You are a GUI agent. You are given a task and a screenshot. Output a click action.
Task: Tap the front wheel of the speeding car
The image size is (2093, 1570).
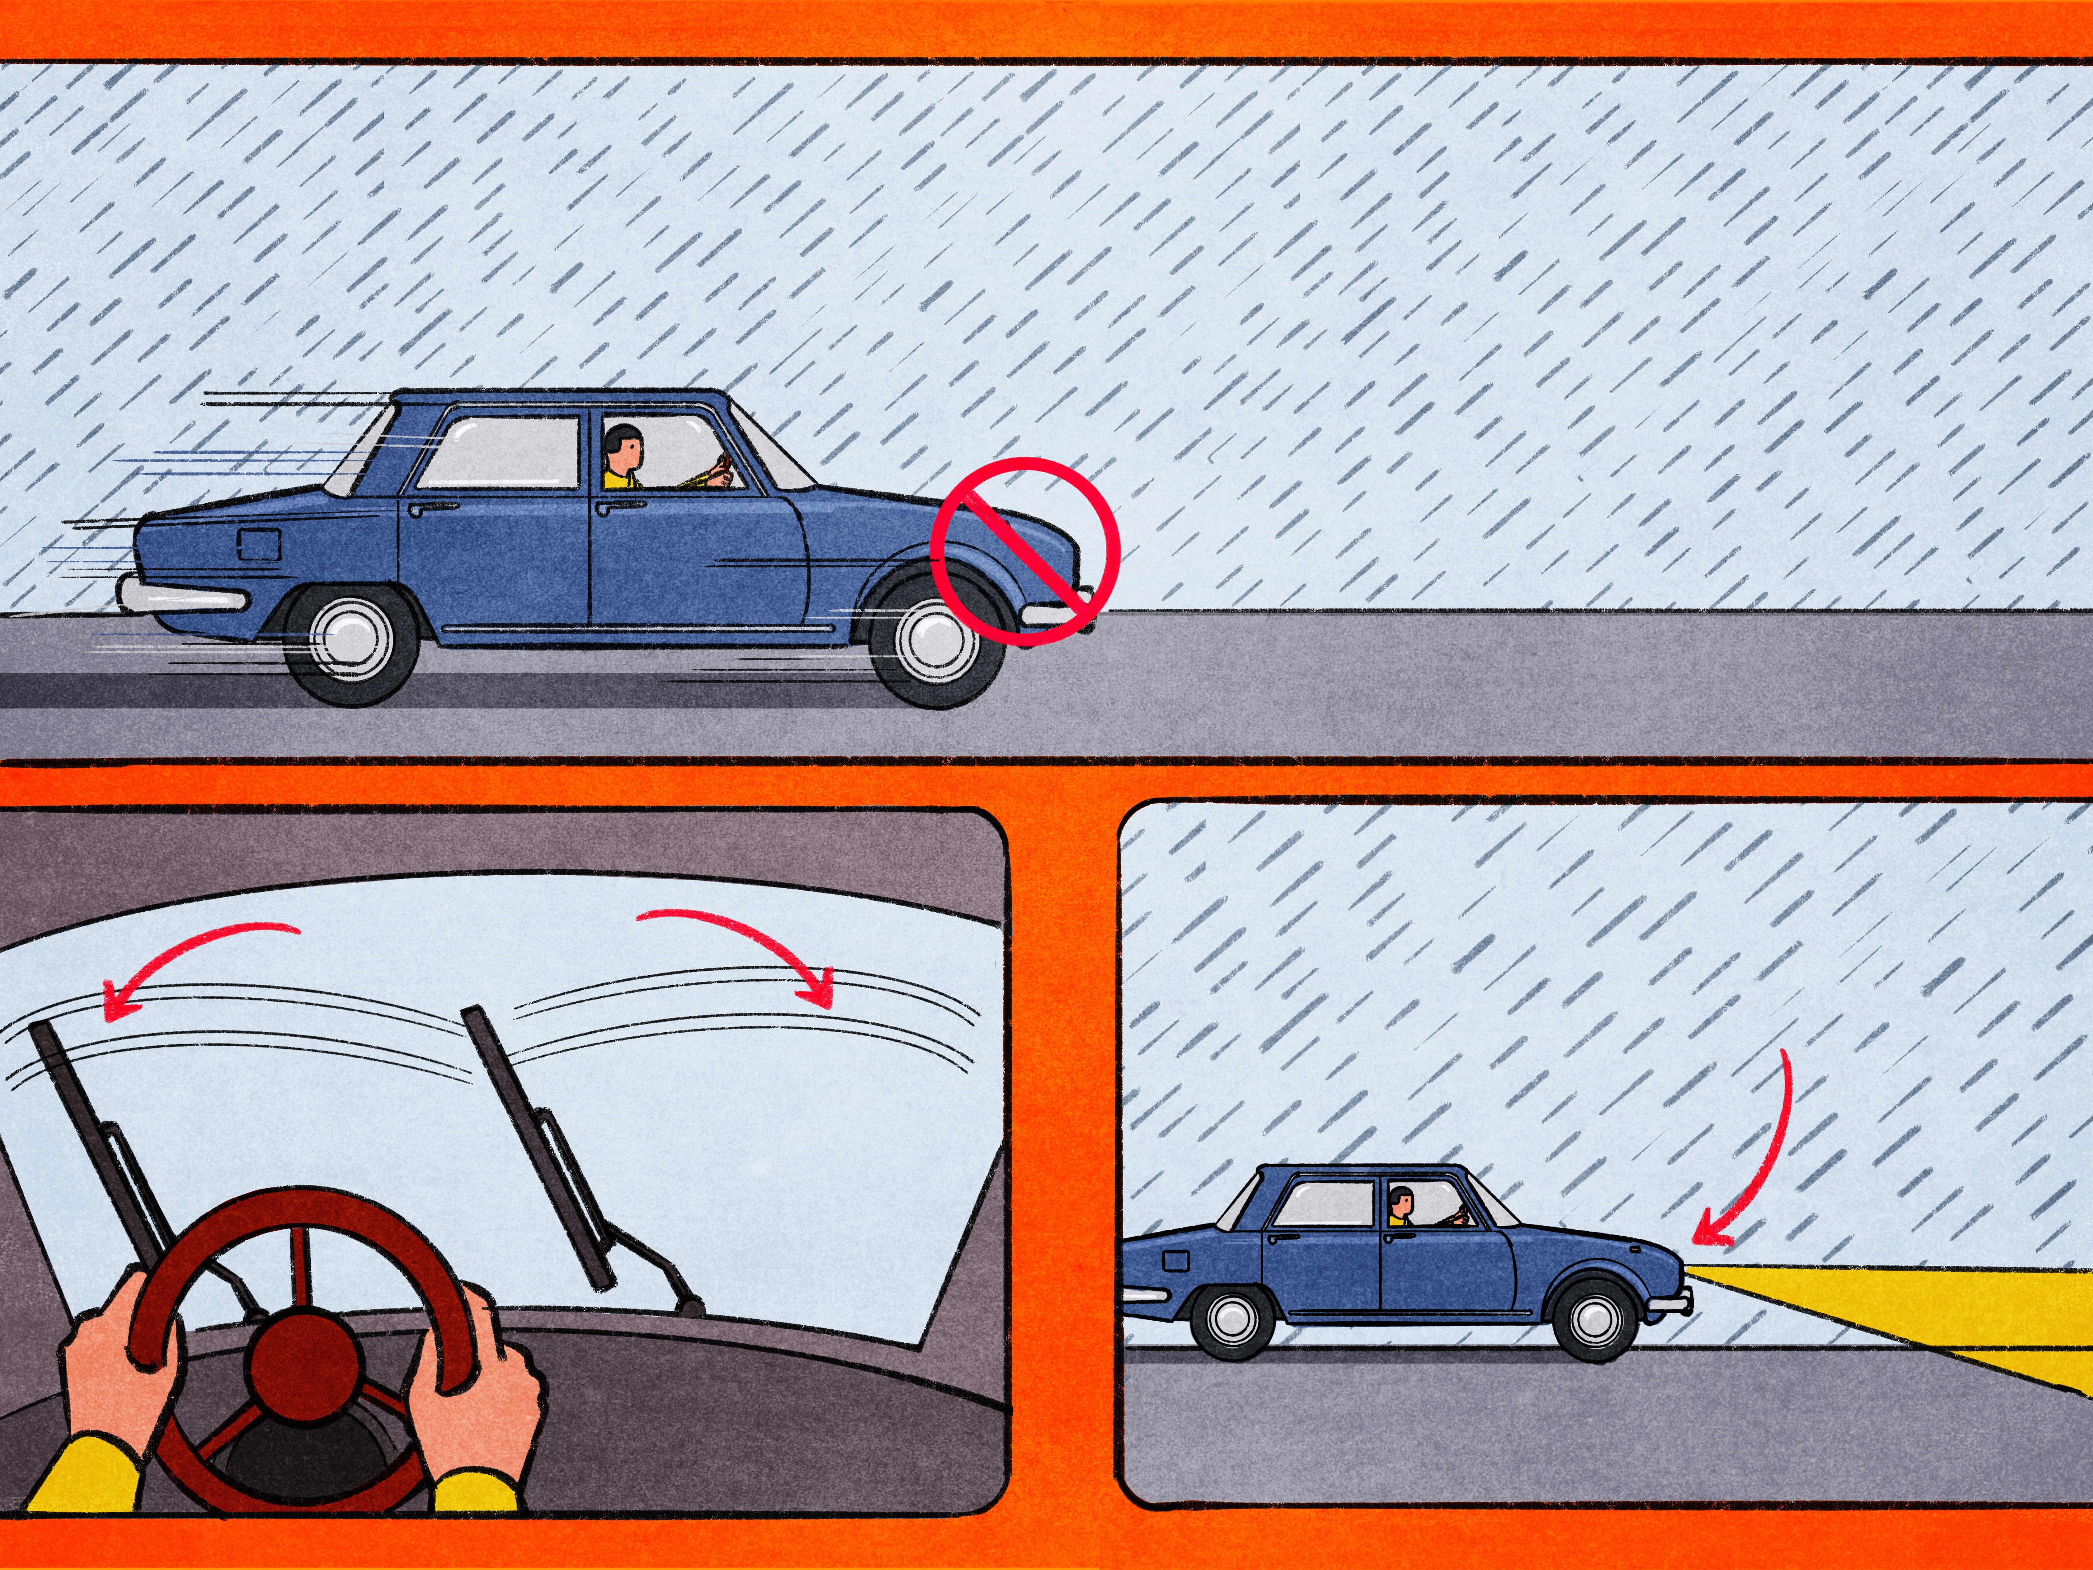(x=936, y=641)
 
